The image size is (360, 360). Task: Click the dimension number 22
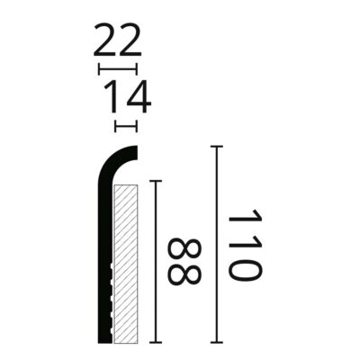(118, 40)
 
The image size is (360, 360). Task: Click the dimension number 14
(128, 96)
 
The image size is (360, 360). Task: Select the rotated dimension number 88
(184, 262)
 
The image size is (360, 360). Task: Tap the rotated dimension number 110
(245, 245)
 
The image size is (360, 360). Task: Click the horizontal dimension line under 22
(118, 68)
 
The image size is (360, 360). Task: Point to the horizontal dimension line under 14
(126, 126)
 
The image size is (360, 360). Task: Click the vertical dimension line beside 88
(156, 262)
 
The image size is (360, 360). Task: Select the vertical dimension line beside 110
(216, 244)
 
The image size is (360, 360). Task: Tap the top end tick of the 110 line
(216, 147)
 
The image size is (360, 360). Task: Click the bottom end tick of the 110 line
(216, 342)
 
